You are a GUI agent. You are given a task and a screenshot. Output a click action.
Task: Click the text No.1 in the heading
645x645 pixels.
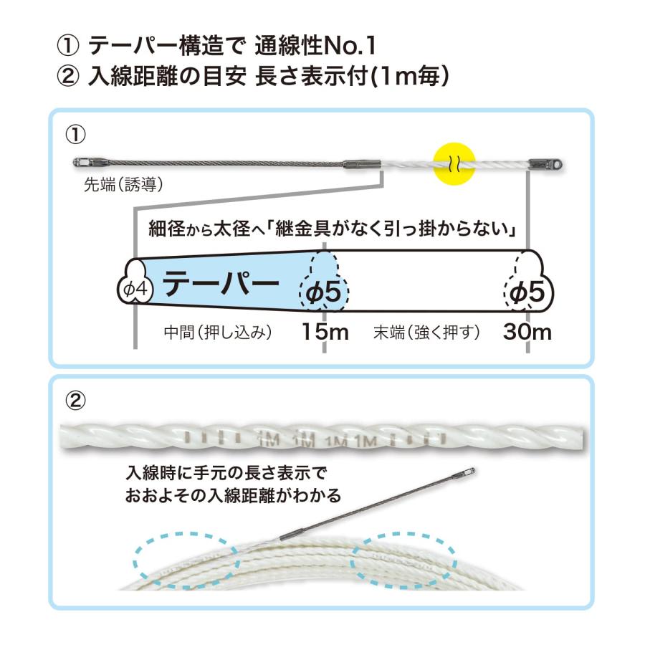(x=350, y=45)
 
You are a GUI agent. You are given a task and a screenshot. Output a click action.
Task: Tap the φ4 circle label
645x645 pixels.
(x=135, y=290)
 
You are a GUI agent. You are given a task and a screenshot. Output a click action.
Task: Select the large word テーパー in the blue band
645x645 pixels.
(x=221, y=283)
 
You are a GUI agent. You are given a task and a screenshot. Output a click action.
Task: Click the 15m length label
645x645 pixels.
(x=325, y=332)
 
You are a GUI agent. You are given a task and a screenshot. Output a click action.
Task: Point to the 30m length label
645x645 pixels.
(x=527, y=332)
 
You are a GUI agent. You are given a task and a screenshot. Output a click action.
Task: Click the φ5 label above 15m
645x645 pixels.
(x=324, y=292)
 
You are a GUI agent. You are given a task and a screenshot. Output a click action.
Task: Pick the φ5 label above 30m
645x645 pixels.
(x=527, y=292)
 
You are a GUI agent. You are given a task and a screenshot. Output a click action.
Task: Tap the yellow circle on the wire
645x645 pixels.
(x=454, y=163)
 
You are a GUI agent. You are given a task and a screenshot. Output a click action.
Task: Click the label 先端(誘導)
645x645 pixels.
(x=123, y=185)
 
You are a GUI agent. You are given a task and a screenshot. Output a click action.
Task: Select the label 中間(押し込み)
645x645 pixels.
(x=218, y=332)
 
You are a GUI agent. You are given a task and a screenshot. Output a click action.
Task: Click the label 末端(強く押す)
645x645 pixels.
(x=426, y=332)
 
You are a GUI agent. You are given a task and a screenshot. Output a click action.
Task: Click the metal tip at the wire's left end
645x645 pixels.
(x=87, y=163)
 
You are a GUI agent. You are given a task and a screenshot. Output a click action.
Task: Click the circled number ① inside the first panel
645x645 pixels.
(x=76, y=135)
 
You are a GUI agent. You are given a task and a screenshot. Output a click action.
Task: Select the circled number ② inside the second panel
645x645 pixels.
(x=76, y=400)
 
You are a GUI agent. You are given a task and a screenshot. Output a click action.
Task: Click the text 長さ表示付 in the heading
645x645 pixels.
(x=312, y=77)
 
